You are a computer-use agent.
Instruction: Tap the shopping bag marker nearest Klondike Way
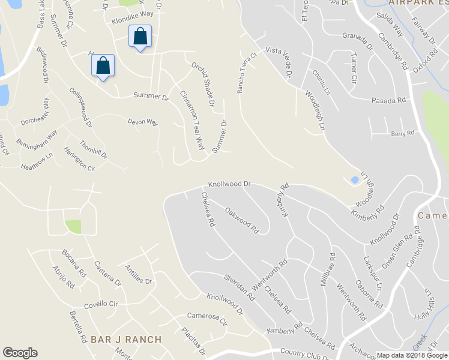[140, 36]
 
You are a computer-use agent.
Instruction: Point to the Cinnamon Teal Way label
[193, 120]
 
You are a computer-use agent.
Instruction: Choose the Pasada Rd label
[388, 100]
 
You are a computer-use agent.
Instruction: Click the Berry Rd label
[403, 133]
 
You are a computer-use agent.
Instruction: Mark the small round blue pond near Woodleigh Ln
[354, 179]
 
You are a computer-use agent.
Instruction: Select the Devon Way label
[142, 122]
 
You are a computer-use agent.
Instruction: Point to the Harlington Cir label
[79, 160]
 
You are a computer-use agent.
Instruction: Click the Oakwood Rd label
[241, 220]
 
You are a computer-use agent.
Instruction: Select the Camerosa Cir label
[208, 318]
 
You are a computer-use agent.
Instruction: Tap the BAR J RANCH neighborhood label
[126, 340]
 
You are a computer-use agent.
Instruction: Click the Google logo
[20, 353]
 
